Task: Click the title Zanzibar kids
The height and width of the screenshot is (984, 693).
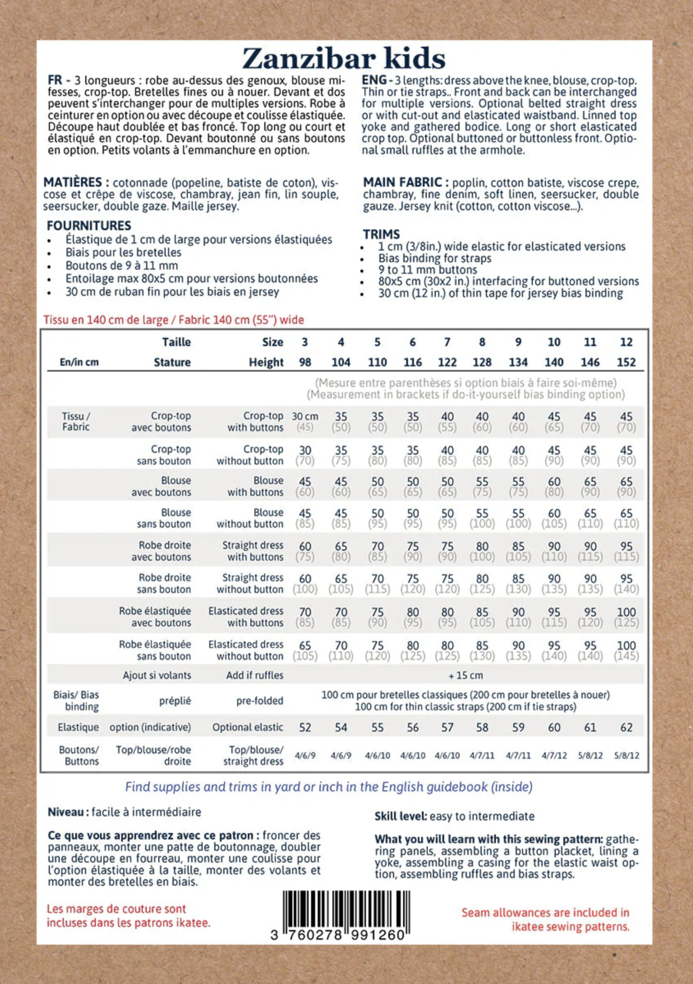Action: [x=344, y=59]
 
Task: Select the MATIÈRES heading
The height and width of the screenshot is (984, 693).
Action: [x=76, y=183]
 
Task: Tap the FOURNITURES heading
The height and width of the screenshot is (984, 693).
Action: [x=89, y=225]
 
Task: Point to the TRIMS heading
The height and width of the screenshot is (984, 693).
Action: [x=381, y=234]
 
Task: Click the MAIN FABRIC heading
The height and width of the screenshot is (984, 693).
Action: [x=402, y=183]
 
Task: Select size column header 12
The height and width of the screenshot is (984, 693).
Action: [x=626, y=342]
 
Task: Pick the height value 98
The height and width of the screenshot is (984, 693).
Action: [x=305, y=362]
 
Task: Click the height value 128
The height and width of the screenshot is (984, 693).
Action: [x=482, y=362]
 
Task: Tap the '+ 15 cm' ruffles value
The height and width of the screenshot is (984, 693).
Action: [x=466, y=675]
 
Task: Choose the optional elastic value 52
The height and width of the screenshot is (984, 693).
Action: [x=305, y=727]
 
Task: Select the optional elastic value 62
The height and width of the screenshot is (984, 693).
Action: [x=626, y=727]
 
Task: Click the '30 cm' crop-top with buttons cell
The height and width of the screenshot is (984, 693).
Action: [x=305, y=417]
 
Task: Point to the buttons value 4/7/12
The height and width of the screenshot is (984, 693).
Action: [x=554, y=755]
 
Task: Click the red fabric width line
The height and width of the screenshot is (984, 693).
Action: [x=173, y=320]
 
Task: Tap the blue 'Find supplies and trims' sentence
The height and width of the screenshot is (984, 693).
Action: [x=329, y=787]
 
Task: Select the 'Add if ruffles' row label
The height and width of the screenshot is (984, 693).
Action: [x=254, y=675]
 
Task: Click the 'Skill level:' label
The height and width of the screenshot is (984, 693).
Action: [x=400, y=816]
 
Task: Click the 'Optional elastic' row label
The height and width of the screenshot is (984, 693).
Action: [x=248, y=727]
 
